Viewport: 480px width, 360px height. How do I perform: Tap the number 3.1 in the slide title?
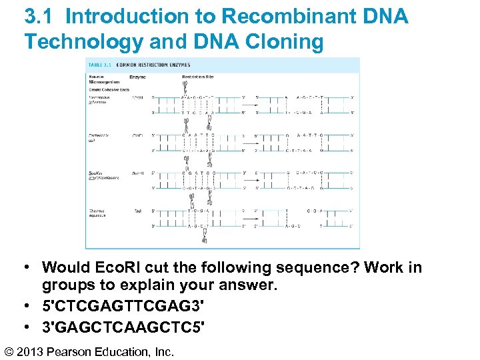(41, 17)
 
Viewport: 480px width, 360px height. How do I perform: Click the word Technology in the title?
(83, 42)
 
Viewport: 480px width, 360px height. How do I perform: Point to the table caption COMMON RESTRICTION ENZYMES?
(153, 65)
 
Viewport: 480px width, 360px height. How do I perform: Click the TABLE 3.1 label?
(99, 65)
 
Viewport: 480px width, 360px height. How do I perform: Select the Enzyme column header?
(138, 77)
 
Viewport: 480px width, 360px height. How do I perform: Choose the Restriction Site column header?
(199, 77)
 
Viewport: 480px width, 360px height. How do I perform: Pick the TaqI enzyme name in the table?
(136, 211)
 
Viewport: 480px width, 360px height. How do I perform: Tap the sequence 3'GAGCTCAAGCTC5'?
(123, 327)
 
